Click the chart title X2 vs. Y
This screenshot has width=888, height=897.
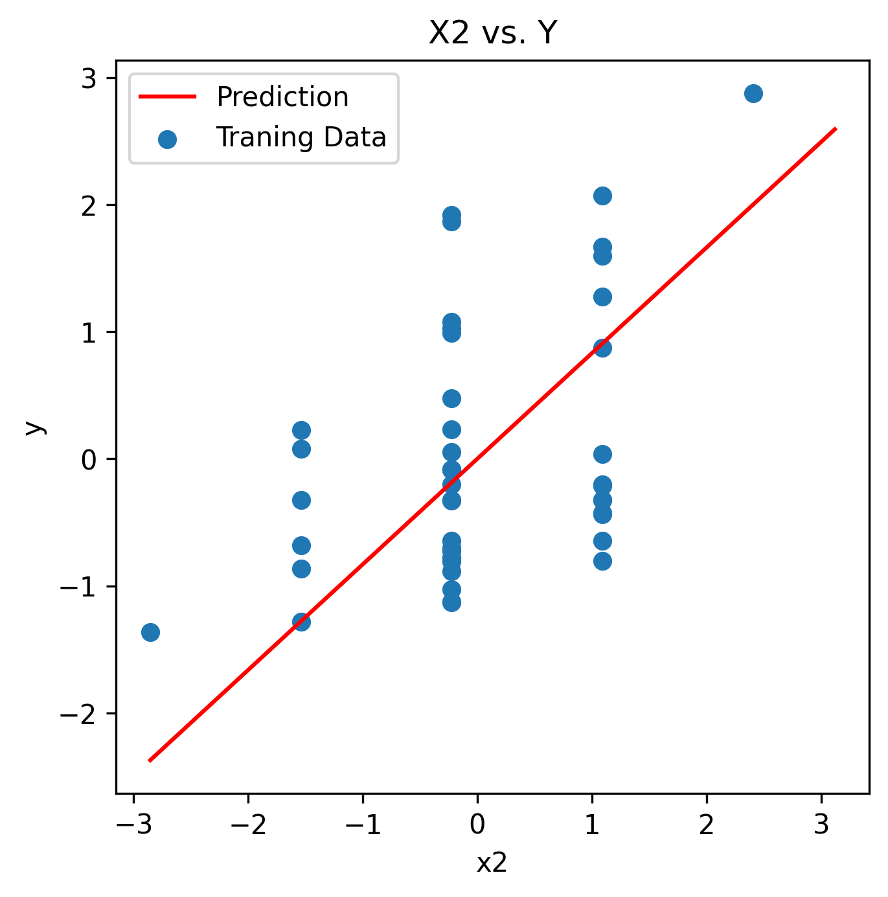pos(493,33)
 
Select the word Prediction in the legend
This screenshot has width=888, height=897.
pos(282,97)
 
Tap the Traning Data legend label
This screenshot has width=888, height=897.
pos(301,137)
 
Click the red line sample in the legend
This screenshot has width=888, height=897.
pos(167,97)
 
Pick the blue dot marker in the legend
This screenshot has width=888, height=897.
pos(167,139)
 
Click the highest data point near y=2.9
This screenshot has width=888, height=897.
pos(753,93)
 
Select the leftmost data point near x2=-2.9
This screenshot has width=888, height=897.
pos(150,632)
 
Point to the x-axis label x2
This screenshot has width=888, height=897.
pos(492,863)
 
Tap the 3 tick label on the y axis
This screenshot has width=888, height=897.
pos(89,78)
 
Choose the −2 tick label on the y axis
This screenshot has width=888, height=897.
pos(78,714)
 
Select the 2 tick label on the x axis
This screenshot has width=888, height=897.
pos(707,825)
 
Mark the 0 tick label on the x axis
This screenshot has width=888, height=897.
pos(477,825)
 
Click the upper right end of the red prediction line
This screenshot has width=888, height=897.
pos(836,129)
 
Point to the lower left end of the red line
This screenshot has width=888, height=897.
pos(150,760)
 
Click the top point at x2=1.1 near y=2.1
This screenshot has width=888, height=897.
pos(602,196)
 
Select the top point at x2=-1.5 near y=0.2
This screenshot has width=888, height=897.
pos(301,430)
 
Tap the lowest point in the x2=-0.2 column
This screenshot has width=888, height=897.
pos(451,602)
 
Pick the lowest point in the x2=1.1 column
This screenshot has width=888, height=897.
pos(602,561)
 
